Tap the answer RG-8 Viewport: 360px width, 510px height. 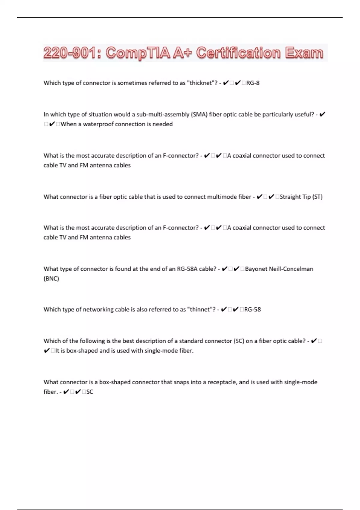[x=253, y=83]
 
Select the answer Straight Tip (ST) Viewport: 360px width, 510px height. [x=301, y=197]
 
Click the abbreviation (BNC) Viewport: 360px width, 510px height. [x=51, y=278]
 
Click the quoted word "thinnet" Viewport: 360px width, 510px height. [x=201, y=309]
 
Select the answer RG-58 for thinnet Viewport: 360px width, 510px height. [x=252, y=309]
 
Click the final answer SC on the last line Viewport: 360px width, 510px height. [x=90, y=392]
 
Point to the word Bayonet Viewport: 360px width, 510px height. [x=256, y=269]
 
